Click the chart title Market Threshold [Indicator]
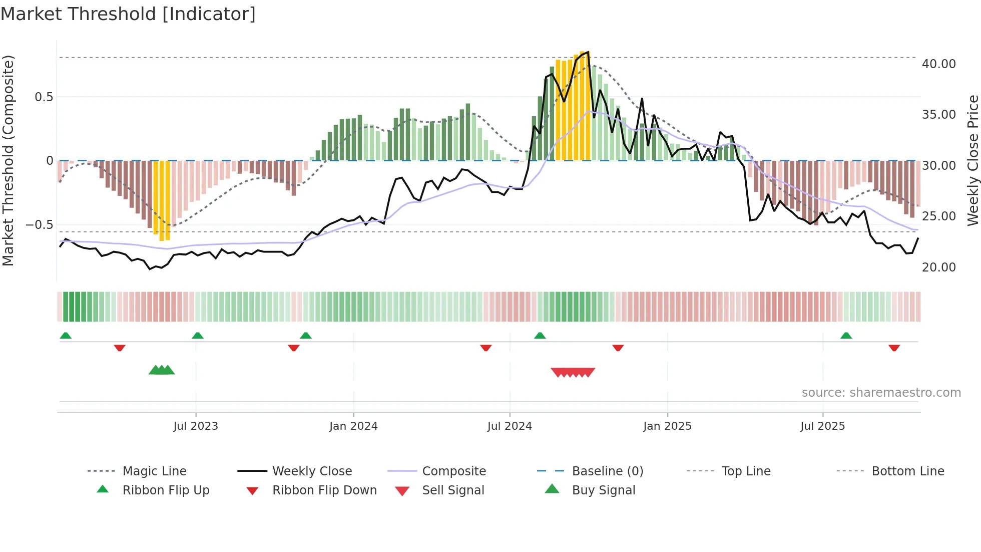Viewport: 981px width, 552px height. point(128,14)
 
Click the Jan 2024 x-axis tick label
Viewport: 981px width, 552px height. point(353,426)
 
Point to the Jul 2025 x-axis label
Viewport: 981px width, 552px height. point(822,426)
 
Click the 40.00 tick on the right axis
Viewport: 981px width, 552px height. point(938,64)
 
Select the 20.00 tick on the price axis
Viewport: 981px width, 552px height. point(938,267)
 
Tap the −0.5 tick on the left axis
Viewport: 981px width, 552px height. point(39,225)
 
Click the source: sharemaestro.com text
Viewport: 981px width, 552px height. point(881,393)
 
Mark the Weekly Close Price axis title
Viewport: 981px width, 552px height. point(972,160)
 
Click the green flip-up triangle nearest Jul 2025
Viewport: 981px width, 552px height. point(846,336)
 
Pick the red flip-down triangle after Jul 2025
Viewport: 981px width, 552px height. point(894,348)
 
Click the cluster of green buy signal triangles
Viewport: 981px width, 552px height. point(162,370)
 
